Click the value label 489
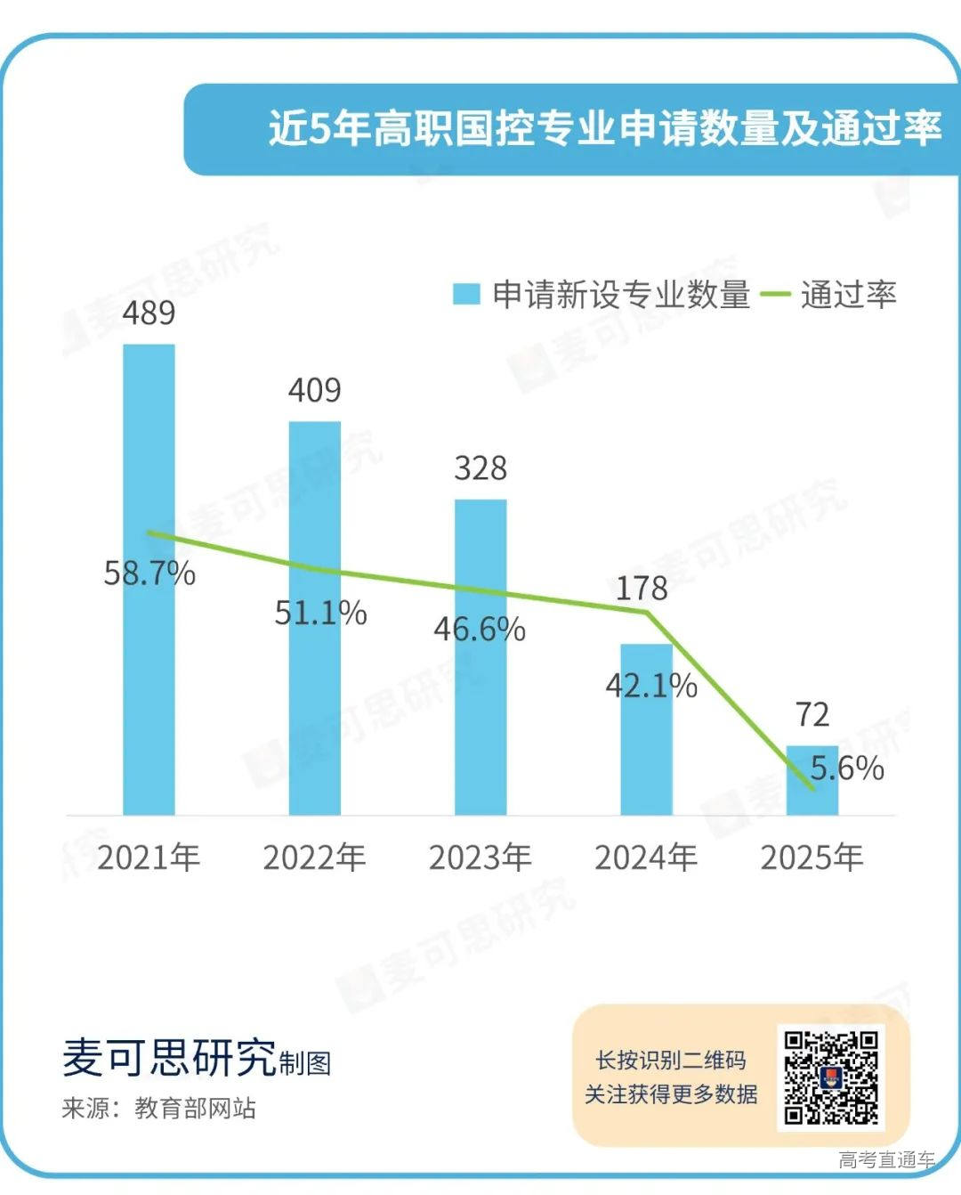tap(149, 313)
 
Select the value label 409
tap(314, 390)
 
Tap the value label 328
tap(480, 468)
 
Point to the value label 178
tap(642, 588)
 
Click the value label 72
tap(812, 714)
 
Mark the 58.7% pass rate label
tap(149, 573)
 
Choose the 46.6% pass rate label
tap(480, 630)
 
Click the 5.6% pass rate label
tap(847, 768)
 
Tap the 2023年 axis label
tap(480, 858)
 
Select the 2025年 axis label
tap(812, 858)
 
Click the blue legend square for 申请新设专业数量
tap(466, 294)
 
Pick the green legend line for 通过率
tap(774, 294)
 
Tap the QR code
tap(831, 1077)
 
